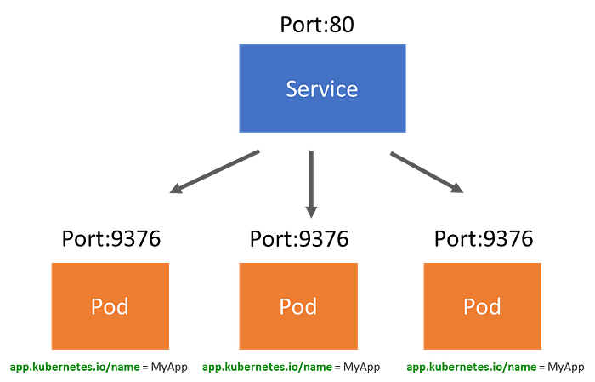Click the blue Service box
(x=322, y=88)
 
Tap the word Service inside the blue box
(x=322, y=88)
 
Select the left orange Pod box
(x=110, y=305)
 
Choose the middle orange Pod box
(x=297, y=305)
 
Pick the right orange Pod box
(x=482, y=305)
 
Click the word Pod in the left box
(x=110, y=306)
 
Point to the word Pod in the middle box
(x=297, y=306)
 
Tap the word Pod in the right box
(x=482, y=306)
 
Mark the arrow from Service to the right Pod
(x=425, y=171)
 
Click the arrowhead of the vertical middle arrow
(x=312, y=210)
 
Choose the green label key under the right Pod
(x=471, y=368)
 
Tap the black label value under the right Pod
(x=564, y=368)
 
